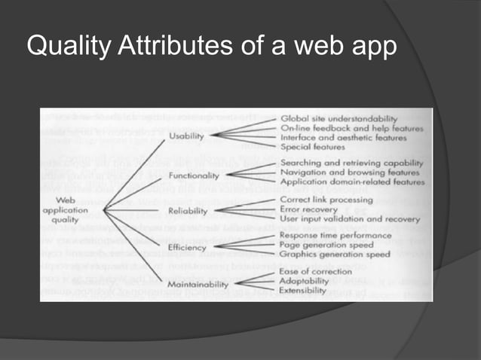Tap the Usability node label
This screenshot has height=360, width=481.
[x=185, y=136]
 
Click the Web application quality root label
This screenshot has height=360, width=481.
[x=66, y=210]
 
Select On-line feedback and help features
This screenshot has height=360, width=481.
[x=351, y=128]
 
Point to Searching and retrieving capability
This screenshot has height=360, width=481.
[x=351, y=163]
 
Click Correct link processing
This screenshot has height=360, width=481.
[x=326, y=200]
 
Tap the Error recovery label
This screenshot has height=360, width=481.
[x=308, y=209]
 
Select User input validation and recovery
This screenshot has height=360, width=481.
[x=349, y=219]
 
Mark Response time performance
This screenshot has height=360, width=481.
[x=335, y=235]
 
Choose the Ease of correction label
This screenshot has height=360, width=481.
[x=315, y=270]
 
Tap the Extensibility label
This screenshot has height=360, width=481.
[x=303, y=290]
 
